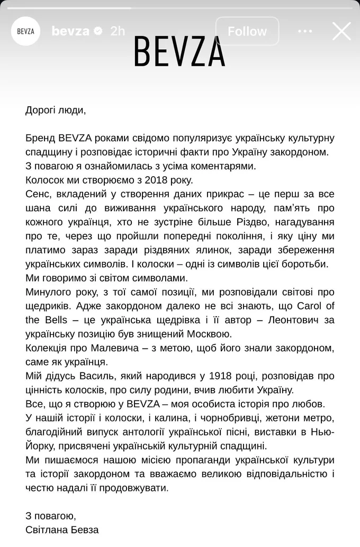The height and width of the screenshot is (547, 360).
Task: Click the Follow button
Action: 247,31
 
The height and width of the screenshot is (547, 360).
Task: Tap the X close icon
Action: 341,31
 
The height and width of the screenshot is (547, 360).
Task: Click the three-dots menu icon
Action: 305,31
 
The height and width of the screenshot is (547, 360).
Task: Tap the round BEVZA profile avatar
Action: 25,31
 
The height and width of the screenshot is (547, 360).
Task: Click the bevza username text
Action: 70,31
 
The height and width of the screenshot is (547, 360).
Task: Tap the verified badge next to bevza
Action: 98,31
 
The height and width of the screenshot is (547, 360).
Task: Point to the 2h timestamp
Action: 118,31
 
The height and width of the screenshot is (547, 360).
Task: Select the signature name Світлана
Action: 47,530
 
